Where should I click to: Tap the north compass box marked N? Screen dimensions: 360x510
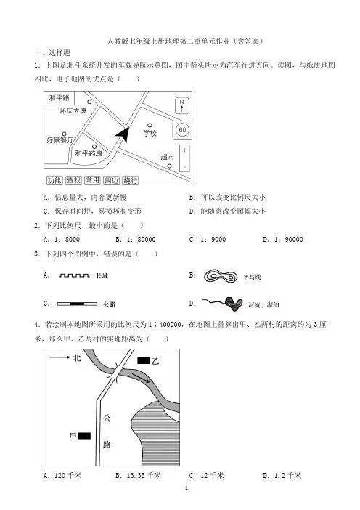[182, 105]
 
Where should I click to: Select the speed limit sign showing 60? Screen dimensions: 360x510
[182, 130]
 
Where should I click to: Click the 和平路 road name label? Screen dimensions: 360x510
[59, 97]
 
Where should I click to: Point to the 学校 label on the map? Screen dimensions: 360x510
[150, 133]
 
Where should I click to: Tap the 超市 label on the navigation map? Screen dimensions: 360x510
[168, 157]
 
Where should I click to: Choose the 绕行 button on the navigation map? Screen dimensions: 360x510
[131, 180]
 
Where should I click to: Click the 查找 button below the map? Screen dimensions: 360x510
[73, 180]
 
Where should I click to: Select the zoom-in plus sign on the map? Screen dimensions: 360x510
[184, 150]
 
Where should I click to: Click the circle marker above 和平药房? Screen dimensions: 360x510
[94, 147]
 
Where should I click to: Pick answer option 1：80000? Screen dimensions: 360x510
[136, 240]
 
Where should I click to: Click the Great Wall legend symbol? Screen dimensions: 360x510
[74, 276]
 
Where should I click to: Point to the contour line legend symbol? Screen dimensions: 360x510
[220, 277]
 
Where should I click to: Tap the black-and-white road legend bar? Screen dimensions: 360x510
[77, 304]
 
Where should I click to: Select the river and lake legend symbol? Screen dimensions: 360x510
[223, 303]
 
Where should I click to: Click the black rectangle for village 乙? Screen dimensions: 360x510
[143, 360]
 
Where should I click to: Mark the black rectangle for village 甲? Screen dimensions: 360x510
[84, 435]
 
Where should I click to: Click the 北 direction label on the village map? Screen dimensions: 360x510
[77, 357]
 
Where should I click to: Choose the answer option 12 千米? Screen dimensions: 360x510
[207, 476]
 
